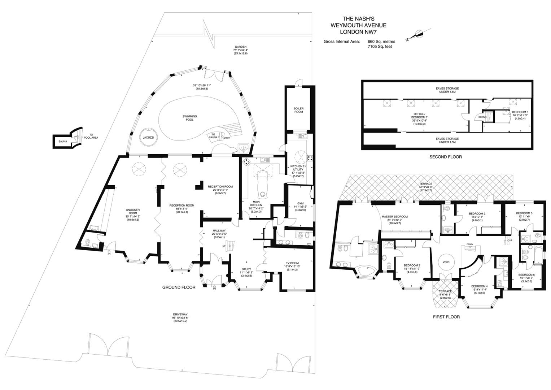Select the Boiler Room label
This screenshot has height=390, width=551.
click(x=298, y=110)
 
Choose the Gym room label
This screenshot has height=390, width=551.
click(x=300, y=203)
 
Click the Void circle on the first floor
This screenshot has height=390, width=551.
click(x=446, y=262)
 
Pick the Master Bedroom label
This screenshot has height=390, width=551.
click(x=394, y=217)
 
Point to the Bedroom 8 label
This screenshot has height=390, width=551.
click(x=520, y=112)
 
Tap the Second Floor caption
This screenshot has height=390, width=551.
click(x=445, y=157)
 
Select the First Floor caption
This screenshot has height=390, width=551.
click(x=446, y=317)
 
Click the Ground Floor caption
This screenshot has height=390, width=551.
click(x=179, y=287)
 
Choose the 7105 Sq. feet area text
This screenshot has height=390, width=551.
click(x=380, y=47)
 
